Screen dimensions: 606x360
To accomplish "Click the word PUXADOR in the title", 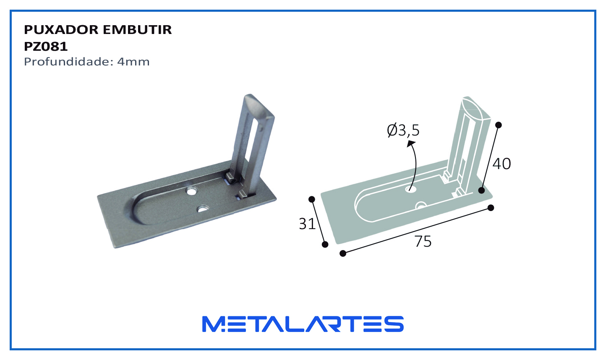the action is (61, 30).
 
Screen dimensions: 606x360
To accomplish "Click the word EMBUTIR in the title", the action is (137, 30).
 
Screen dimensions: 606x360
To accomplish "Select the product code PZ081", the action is (46, 47).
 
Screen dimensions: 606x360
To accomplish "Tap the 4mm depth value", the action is (133, 62).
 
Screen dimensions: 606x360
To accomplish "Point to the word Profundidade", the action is (68, 62).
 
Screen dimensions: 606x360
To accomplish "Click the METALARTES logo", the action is (303, 324).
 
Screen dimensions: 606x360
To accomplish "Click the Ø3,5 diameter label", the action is (403, 130).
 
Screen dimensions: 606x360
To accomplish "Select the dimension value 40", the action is (502, 164).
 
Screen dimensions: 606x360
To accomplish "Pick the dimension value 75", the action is (423, 242).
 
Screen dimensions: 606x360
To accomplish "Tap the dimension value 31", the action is (307, 224).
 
